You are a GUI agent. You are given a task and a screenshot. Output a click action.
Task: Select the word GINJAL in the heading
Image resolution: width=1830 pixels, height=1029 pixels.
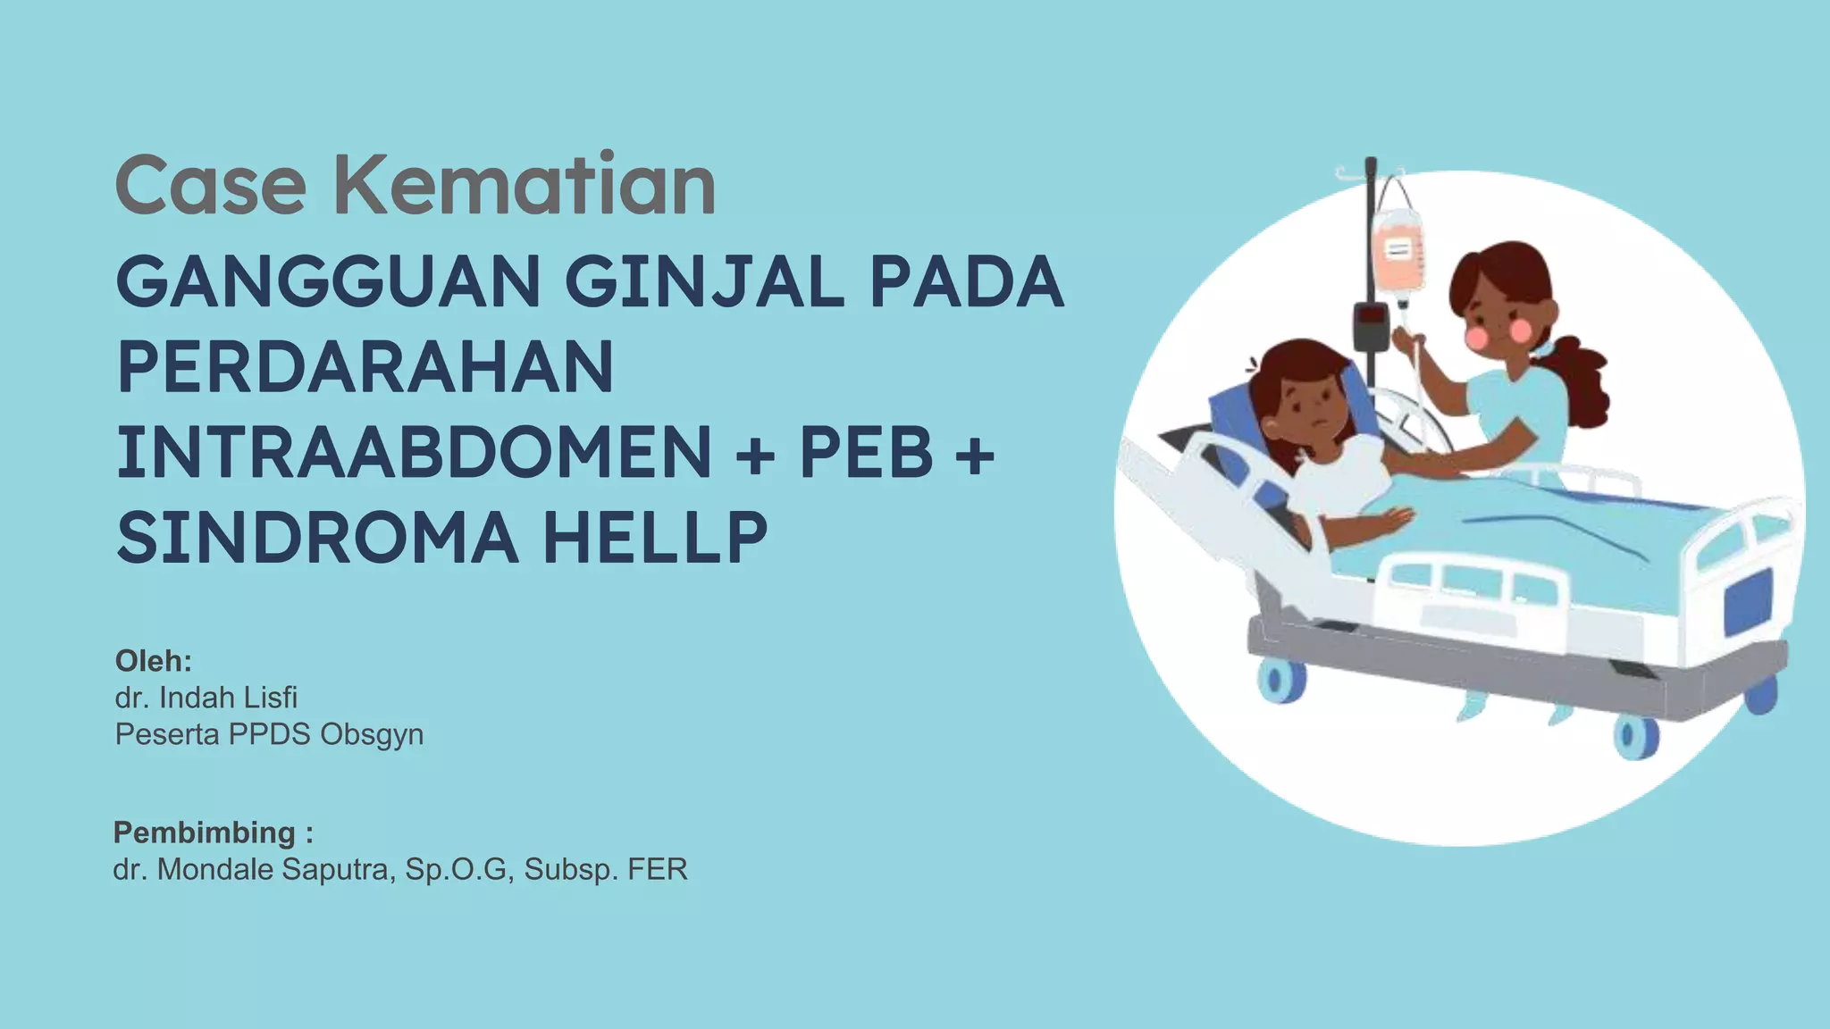click(x=704, y=281)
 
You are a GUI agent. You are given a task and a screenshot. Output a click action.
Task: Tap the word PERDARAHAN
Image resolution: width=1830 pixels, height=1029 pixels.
click(x=365, y=367)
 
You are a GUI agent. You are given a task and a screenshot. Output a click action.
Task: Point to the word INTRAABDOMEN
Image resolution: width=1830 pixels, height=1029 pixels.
click(x=414, y=452)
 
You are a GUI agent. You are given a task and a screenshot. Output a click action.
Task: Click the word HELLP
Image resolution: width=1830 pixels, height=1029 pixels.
click(x=655, y=538)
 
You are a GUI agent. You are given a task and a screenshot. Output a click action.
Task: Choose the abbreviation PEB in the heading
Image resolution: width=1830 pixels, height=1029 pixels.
click(x=866, y=452)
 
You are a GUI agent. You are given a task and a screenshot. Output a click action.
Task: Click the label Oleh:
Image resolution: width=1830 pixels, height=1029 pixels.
click(x=154, y=661)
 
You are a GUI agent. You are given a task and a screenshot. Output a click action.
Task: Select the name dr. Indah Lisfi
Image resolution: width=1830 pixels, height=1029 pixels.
click(x=206, y=698)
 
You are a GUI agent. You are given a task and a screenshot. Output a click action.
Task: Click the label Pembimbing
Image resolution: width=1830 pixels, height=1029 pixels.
click(x=205, y=832)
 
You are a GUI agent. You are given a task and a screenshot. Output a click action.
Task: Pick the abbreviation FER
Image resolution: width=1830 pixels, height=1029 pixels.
click(x=658, y=869)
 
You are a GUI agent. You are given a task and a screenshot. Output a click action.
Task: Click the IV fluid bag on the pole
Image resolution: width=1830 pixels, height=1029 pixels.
click(x=1398, y=250)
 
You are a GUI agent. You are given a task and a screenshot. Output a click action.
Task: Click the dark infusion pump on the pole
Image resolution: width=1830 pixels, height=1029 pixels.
click(x=1371, y=326)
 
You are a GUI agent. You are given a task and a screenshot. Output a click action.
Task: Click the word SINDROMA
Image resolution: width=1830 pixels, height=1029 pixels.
click(x=317, y=538)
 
